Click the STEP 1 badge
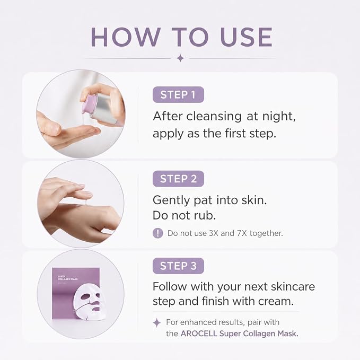pyautogui.click(x=178, y=94)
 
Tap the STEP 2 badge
pyautogui.click(x=178, y=179)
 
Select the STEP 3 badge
pyautogui.click(x=178, y=266)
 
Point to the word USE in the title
pyautogui.click(x=246, y=37)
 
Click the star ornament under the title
pyautogui.click(x=180, y=58)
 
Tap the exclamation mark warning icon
pyautogui.click(x=157, y=233)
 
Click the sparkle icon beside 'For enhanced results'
pyautogui.click(x=157, y=322)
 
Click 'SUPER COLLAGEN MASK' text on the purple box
pyautogui.click(x=68, y=278)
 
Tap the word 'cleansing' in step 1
pyautogui.click(x=214, y=116)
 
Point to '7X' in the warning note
pyautogui.click(x=242, y=233)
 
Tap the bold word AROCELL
pyautogui.click(x=199, y=333)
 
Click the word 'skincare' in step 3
pyautogui.click(x=293, y=286)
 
